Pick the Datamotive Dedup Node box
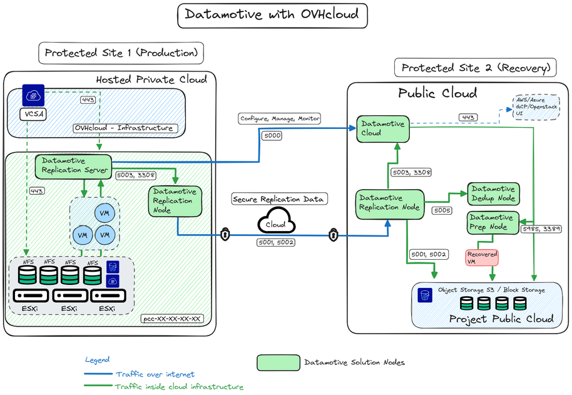[x=493, y=193]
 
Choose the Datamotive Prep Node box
[x=491, y=222]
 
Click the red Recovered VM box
[x=483, y=258]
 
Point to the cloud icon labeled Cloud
[x=275, y=224]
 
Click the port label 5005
[x=442, y=211]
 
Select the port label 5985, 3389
[x=541, y=229]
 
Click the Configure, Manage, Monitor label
[x=279, y=118]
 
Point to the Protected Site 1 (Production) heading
[x=122, y=53]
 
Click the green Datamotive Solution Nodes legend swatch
[x=278, y=362]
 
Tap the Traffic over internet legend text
[x=155, y=374]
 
